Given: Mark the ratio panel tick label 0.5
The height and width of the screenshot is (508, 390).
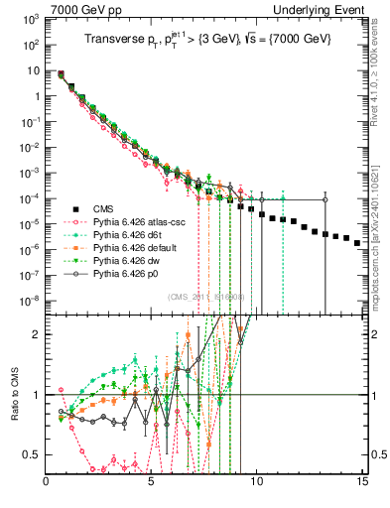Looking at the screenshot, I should click(x=33, y=455).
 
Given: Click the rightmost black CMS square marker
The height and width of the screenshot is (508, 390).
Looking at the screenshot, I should click(x=357, y=269).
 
